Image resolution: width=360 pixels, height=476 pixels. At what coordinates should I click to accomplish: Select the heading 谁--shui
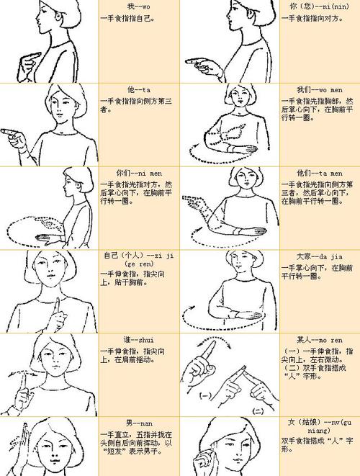136,339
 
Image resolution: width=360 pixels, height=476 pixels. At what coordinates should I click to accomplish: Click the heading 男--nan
135,423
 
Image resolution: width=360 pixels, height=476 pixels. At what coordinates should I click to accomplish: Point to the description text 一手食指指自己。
127,17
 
